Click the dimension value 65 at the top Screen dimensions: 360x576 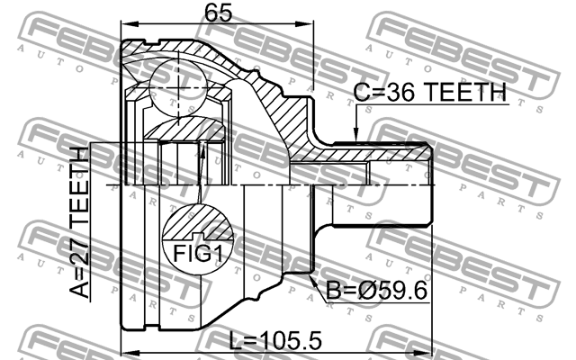click(x=215, y=13)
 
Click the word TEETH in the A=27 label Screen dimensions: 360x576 click(x=80, y=184)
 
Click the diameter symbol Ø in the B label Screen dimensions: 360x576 click(x=361, y=292)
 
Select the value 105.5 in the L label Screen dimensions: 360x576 click(x=288, y=342)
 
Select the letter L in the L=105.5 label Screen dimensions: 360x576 click(x=236, y=342)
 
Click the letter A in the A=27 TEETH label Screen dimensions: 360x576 click(x=80, y=291)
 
